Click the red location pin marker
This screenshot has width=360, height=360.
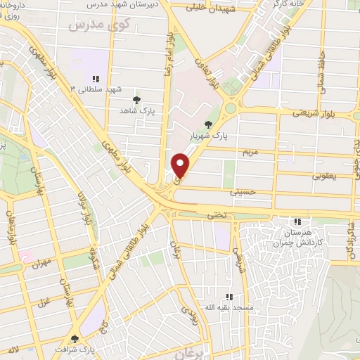click(x=181, y=165)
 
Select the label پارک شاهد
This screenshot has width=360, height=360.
click(x=137, y=111)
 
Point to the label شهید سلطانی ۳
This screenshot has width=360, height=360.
click(x=96, y=90)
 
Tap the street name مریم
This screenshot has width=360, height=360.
click(x=252, y=152)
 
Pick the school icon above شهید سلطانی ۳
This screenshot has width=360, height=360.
click(x=96, y=79)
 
